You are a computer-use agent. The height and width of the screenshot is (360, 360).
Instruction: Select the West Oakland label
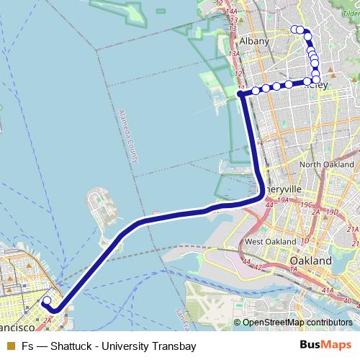(270, 241)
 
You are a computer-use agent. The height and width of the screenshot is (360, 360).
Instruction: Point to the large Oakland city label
(310, 260)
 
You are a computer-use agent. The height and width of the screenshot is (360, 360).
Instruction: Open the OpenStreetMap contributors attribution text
(297, 323)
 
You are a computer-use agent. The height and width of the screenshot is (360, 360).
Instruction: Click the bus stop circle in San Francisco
(47, 302)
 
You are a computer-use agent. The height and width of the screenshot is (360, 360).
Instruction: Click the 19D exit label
(332, 212)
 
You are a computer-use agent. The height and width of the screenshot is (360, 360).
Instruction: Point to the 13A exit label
(233, 54)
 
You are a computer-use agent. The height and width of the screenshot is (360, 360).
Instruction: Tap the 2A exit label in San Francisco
(48, 318)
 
